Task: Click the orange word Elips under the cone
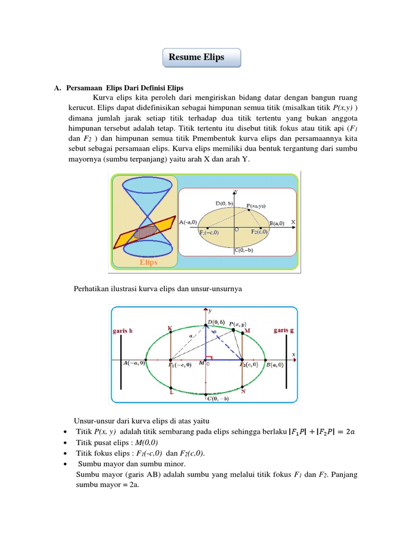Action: tap(148, 262)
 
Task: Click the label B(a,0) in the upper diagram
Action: tap(277, 223)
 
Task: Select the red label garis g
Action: tap(284, 330)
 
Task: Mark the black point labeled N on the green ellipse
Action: tap(242, 387)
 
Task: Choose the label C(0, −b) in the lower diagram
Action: tap(218, 398)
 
